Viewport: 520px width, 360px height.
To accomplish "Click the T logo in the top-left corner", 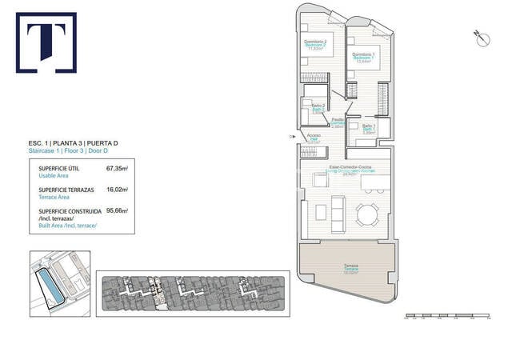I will coord(46,42).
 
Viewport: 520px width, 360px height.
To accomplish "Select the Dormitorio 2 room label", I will coord(314,44).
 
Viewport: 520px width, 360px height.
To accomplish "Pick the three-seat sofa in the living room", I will coord(338,214).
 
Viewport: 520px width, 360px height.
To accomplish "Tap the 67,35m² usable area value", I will coord(118,170).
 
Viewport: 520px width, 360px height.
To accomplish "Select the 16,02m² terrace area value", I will coord(118,190).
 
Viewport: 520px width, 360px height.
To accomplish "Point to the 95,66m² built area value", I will coord(118,210).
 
